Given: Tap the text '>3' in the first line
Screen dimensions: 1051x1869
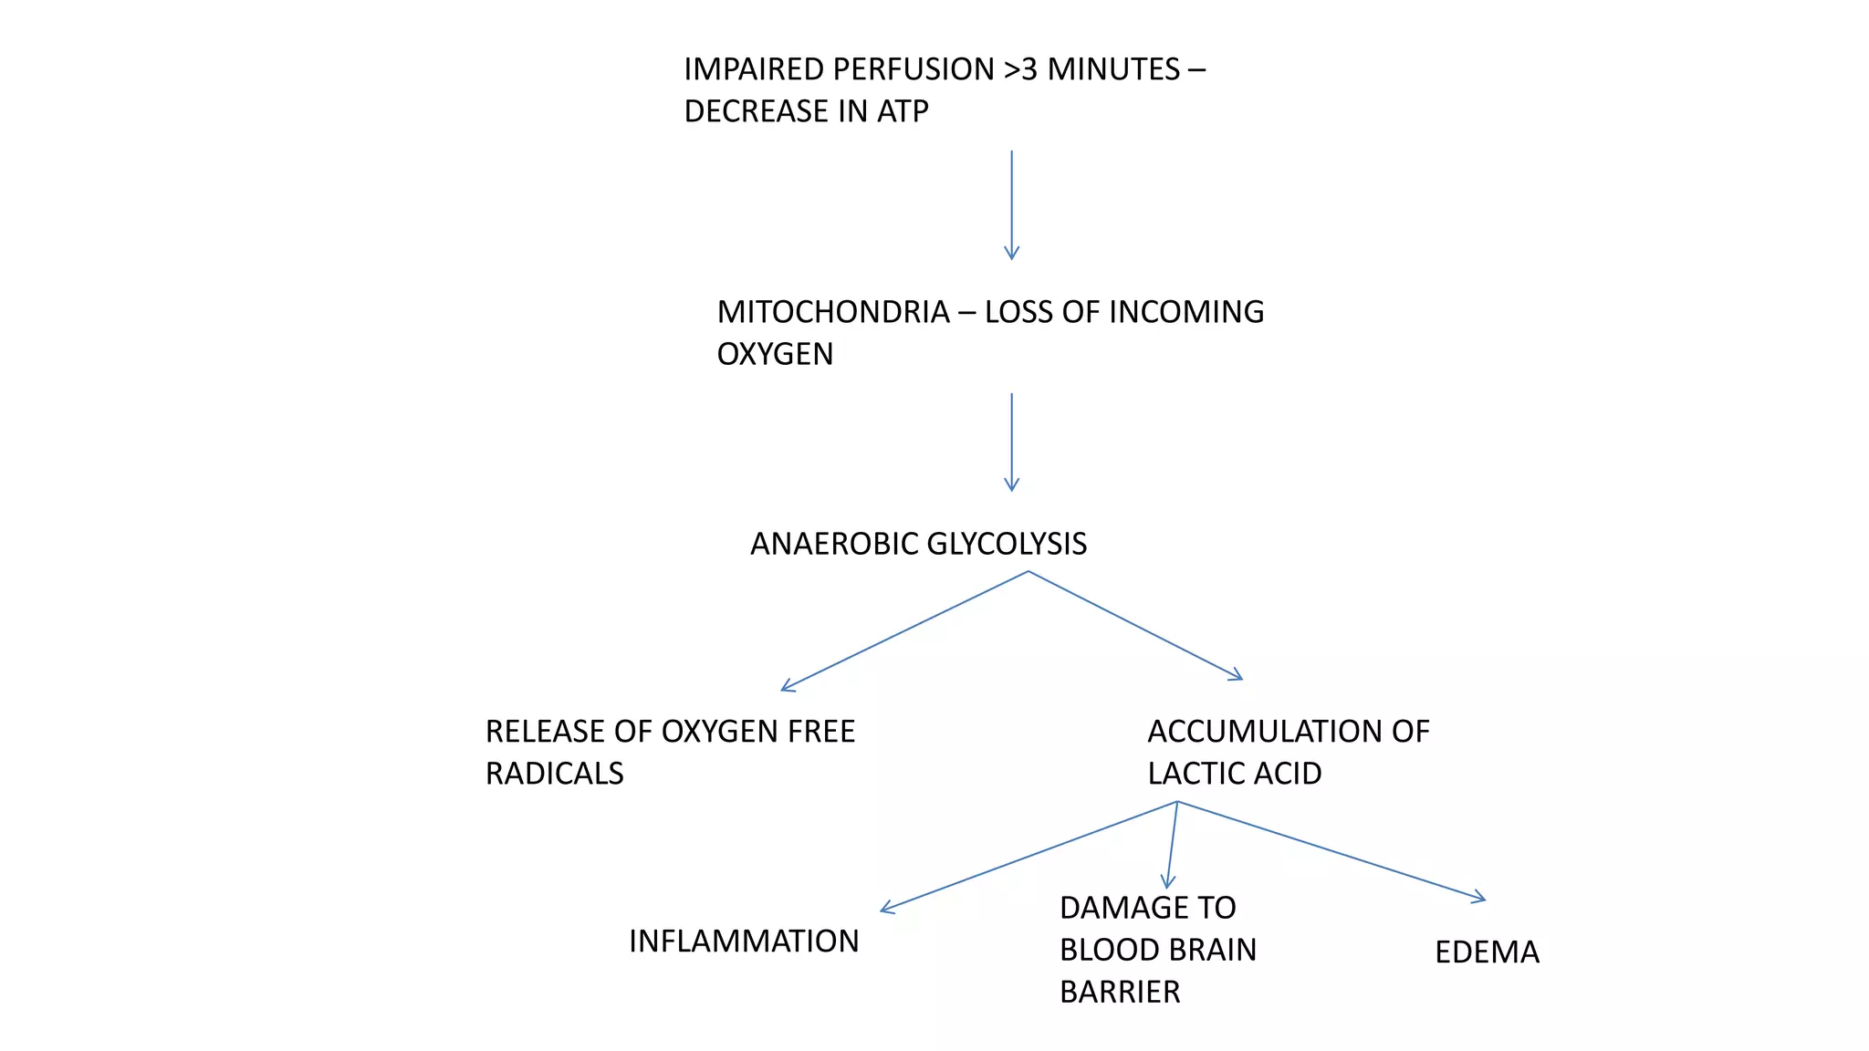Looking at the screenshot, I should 1020,69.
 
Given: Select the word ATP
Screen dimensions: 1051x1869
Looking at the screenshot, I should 903,111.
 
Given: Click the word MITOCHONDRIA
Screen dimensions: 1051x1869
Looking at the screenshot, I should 833,312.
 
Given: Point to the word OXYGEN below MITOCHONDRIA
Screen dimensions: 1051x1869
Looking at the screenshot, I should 775,354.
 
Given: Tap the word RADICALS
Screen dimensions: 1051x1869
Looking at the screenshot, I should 554,774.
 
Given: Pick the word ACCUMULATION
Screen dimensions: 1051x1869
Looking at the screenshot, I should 1255,732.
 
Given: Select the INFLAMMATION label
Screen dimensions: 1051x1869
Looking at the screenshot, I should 744,942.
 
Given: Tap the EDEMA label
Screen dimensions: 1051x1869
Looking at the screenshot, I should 1487,952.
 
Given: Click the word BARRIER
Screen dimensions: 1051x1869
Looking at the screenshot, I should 1120,992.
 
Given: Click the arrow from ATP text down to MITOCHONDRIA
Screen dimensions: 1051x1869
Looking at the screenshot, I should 1011,205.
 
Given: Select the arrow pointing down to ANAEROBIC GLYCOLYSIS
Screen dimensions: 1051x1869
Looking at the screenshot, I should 1011,442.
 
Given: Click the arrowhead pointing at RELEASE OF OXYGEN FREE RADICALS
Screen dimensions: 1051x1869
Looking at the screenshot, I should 787,687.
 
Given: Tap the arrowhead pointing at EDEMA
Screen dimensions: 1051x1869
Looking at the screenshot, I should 1479,899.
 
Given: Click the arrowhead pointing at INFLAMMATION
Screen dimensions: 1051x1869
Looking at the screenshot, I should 886,908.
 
